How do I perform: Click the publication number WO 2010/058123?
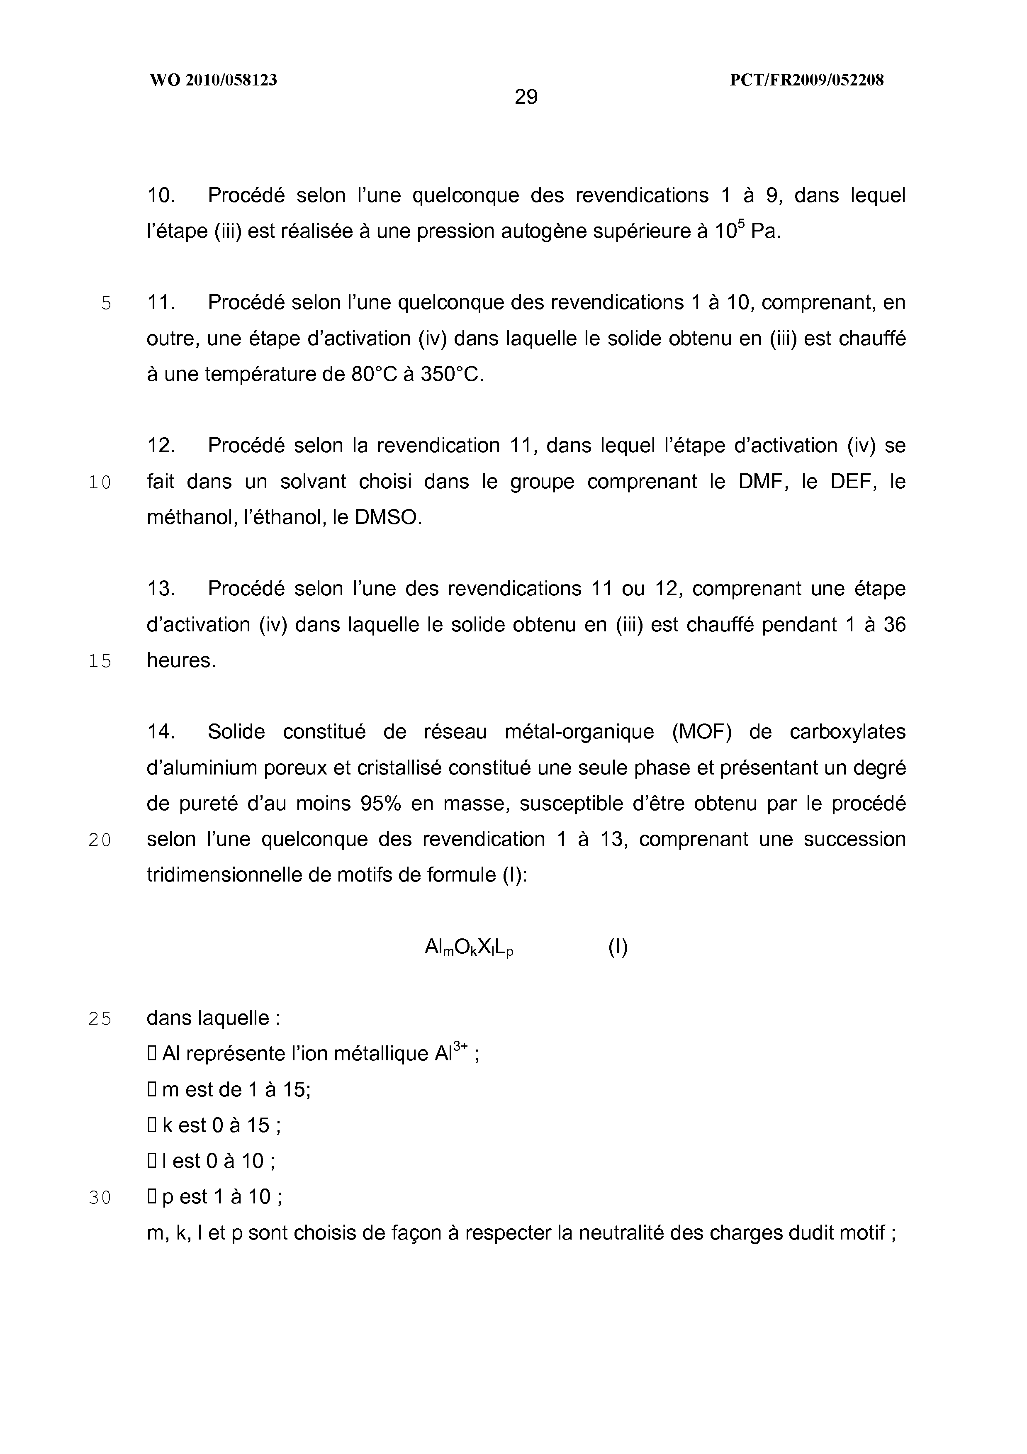click(213, 80)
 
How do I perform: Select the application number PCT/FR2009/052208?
click(807, 80)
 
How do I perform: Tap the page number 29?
click(526, 97)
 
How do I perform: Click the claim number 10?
click(161, 196)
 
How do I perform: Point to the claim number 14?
click(161, 732)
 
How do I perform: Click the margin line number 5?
click(106, 303)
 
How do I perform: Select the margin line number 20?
click(100, 840)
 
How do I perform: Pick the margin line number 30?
click(100, 1198)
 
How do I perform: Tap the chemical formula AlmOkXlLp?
click(469, 948)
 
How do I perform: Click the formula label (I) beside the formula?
click(618, 947)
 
